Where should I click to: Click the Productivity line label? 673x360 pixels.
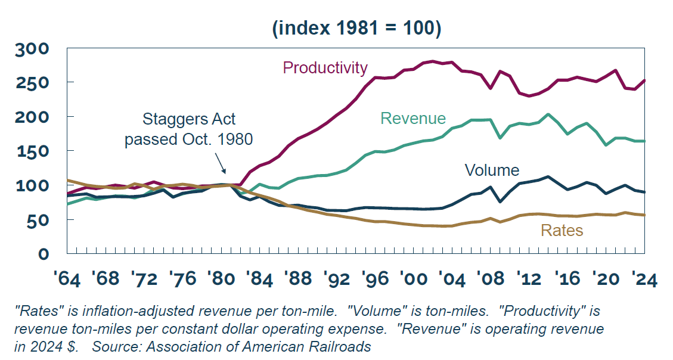[x=325, y=68]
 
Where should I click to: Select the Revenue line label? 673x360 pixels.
[x=413, y=119]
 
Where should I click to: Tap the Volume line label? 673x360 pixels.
[x=492, y=170]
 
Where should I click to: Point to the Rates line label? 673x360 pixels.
[x=561, y=230]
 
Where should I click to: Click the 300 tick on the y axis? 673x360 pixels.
[x=33, y=48]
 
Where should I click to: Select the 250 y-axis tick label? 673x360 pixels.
[x=33, y=82]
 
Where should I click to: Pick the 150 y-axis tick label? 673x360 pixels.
[x=33, y=151]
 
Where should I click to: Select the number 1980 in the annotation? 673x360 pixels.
[x=234, y=139]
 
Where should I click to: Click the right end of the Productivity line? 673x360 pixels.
[x=644, y=80]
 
